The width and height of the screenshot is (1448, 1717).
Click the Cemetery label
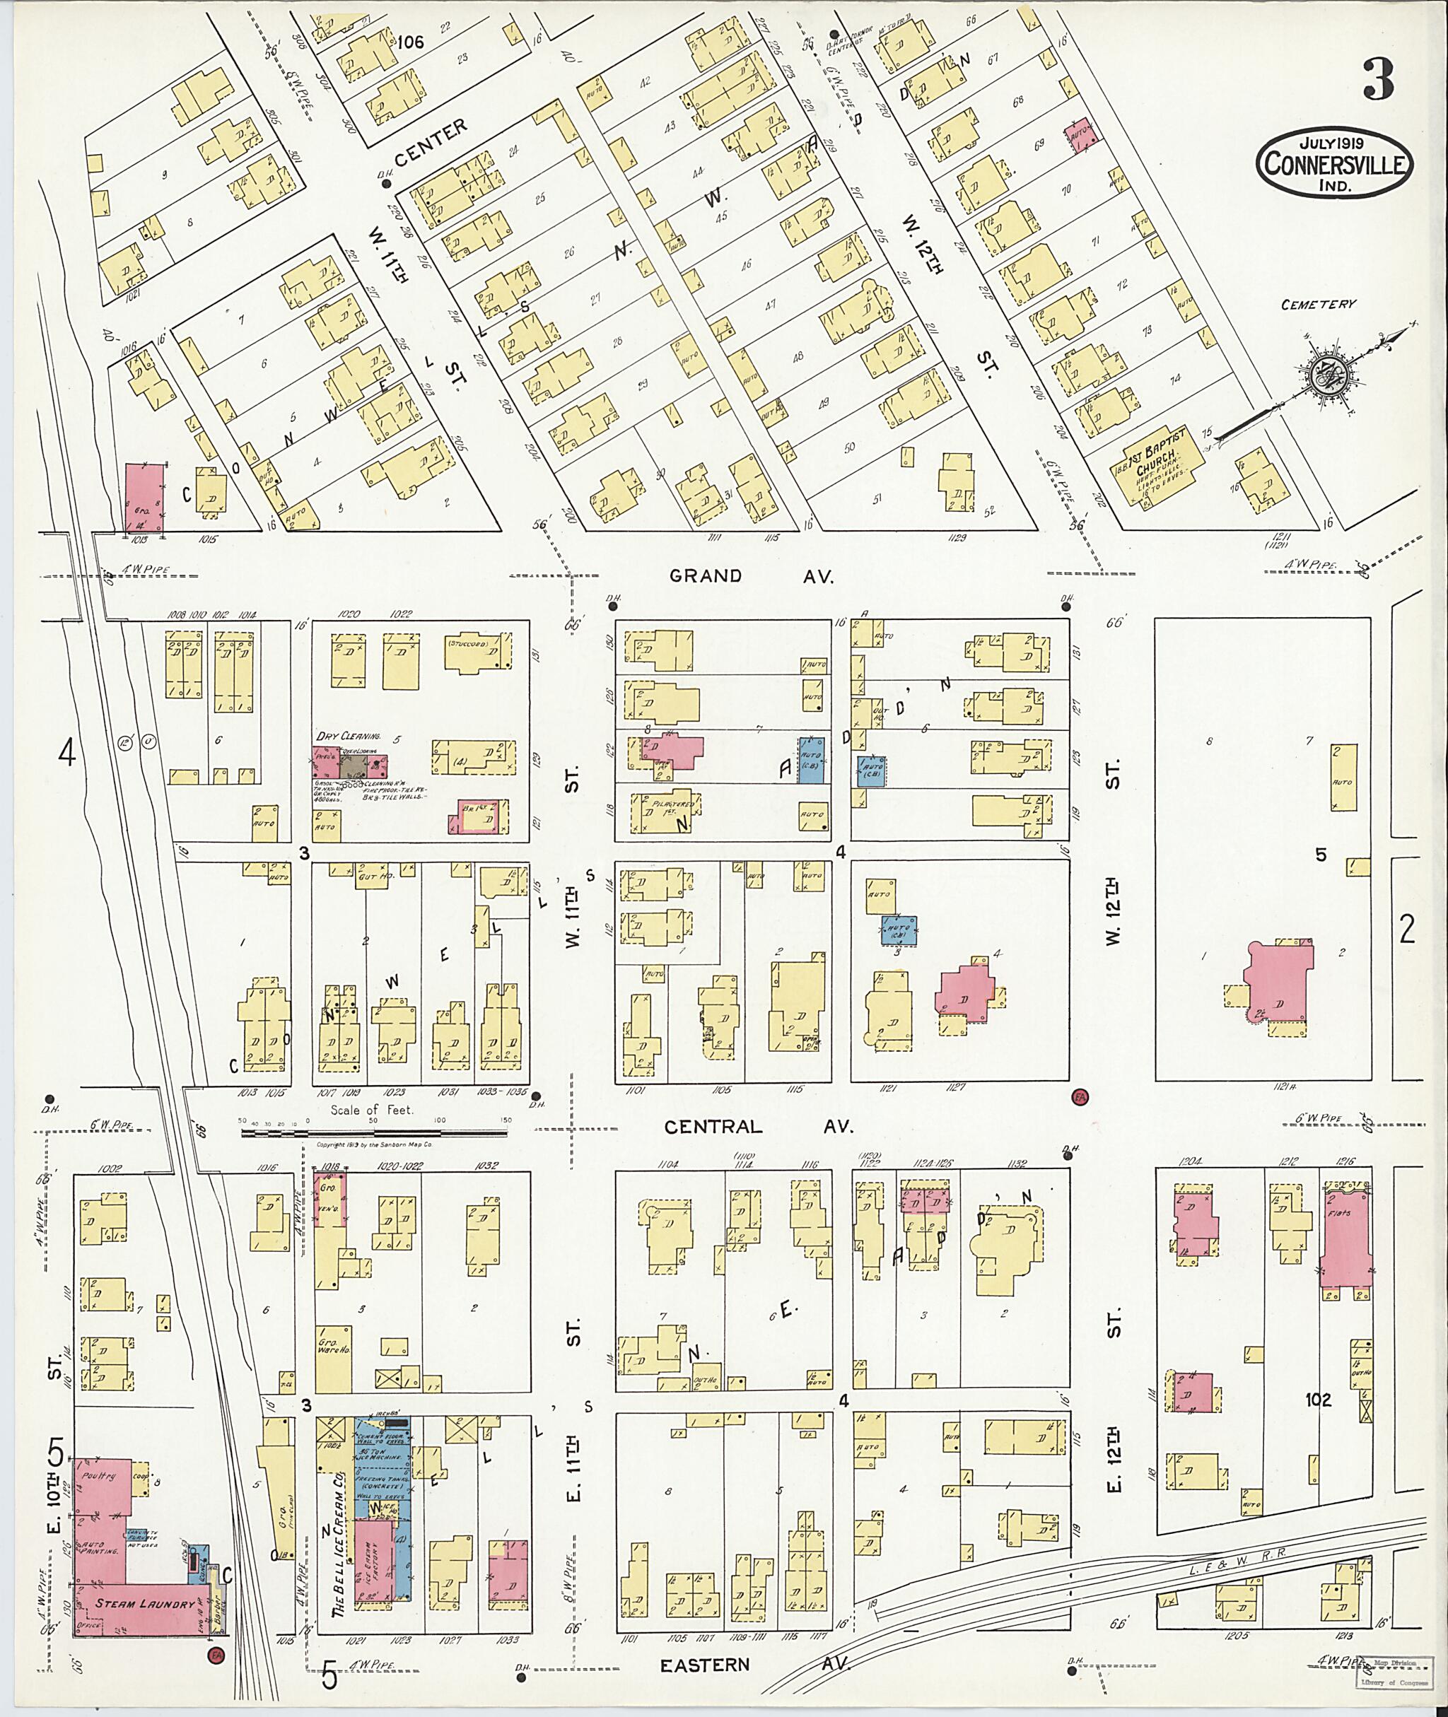click(1319, 305)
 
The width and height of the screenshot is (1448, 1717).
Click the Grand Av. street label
click(751, 576)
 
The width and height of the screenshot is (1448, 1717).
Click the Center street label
click(429, 142)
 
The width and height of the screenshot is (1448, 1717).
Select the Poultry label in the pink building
click(95, 1476)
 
